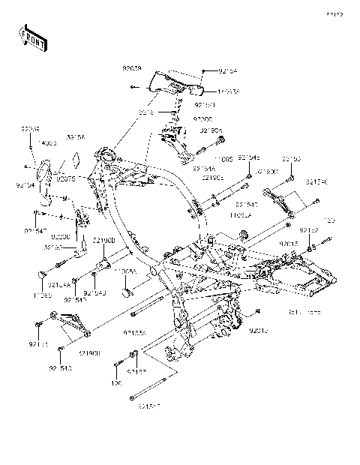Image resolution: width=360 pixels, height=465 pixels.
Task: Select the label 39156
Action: point(75,137)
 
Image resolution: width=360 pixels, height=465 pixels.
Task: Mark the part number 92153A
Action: point(136,331)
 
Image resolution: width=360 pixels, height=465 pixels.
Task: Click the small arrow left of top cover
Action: point(133,88)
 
